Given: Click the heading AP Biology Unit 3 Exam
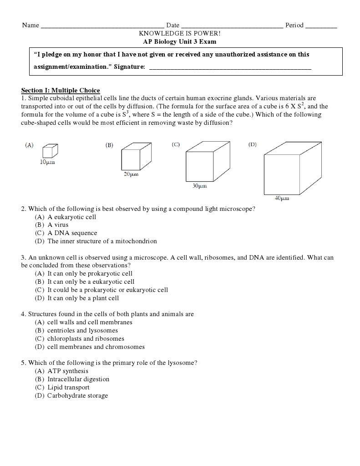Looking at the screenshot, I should point(180,41).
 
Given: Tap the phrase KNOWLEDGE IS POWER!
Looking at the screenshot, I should point(180,33).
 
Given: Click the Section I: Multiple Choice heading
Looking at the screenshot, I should point(61,90).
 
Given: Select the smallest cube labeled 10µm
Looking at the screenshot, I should point(50,151).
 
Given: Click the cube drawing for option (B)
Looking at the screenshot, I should point(133,157).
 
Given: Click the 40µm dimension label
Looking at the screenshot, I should point(282,198).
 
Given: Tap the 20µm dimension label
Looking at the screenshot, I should point(131,174).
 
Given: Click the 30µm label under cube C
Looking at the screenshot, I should point(199,186).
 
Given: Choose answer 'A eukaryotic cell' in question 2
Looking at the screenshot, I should point(71,217).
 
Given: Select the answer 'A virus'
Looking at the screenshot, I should point(58,225).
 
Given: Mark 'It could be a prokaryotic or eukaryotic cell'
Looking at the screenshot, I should point(107,290).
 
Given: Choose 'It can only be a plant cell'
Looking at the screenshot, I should point(83,298).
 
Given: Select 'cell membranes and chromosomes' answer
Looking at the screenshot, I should point(96,347).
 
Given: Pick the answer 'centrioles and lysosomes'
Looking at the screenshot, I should point(82,331).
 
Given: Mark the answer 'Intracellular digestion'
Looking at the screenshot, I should point(78,379).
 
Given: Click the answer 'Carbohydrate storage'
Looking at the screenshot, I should point(77,395).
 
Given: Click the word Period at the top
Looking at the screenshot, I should point(294,25).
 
